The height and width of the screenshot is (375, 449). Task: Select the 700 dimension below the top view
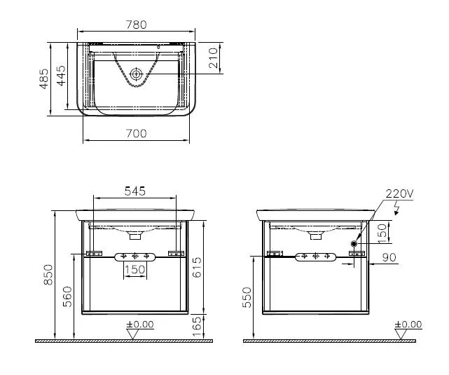point(137,134)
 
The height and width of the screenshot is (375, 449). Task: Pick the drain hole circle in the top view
point(137,73)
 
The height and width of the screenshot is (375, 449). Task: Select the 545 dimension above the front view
point(135,191)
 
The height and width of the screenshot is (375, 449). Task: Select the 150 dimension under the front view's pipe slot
point(134,269)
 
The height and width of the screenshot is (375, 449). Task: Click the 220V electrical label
point(399,194)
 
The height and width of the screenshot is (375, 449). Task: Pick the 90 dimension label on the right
point(389,257)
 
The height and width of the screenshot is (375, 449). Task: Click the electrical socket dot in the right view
point(354,245)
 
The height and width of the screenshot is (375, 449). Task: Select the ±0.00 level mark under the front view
point(140,325)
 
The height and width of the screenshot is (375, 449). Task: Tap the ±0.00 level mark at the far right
point(408,325)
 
